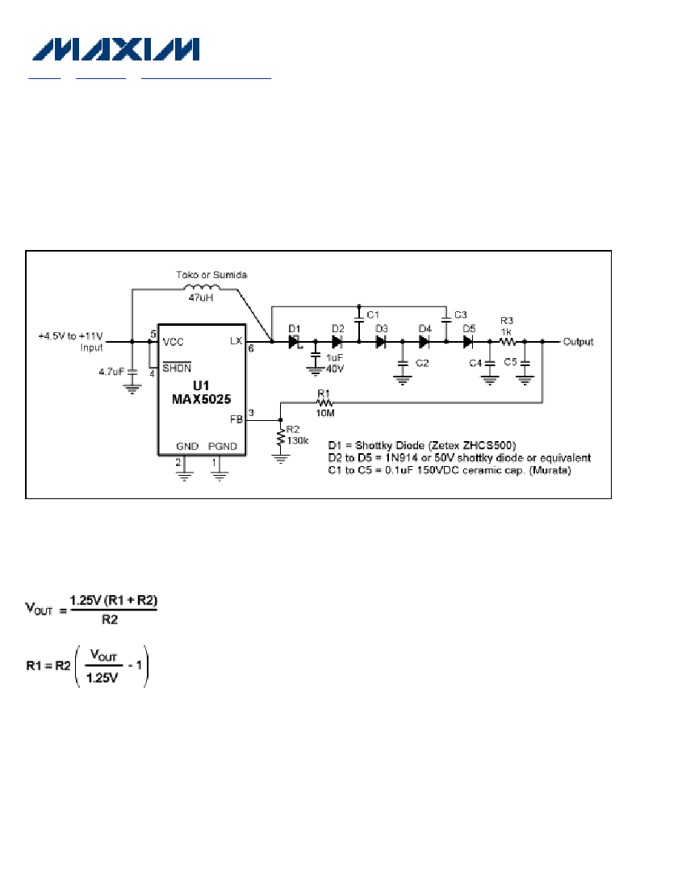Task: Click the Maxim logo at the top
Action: [x=116, y=49]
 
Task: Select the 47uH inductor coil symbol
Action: [x=202, y=287]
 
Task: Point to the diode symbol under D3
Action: [x=381, y=342]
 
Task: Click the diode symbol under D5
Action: [x=467, y=342]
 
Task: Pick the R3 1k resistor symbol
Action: [x=508, y=342]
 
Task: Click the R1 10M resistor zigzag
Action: [x=325, y=402]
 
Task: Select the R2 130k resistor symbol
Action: [x=281, y=437]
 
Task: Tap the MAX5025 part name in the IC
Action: [x=202, y=399]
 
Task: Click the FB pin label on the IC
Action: [x=236, y=419]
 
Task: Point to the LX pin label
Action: [x=236, y=340]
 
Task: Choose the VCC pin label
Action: [x=174, y=342]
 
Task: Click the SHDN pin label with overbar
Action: [x=177, y=367]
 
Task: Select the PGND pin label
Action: [x=223, y=447]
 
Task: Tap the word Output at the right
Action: [x=578, y=342]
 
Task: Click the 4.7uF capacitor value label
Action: [x=111, y=372]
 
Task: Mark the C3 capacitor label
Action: [x=461, y=314]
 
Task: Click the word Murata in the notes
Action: [x=550, y=470]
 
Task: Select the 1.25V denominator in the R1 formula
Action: [x=102, y=677]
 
